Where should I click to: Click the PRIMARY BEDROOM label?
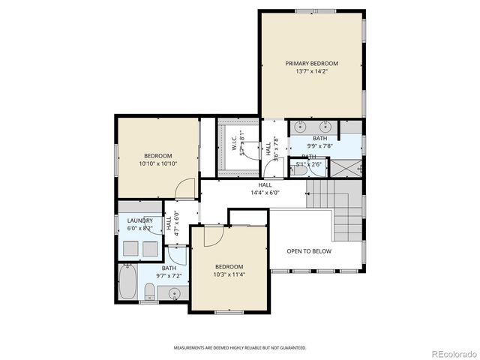click(311, 63)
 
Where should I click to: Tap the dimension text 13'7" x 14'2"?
click(311, 71)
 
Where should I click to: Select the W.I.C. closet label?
click(233, 142)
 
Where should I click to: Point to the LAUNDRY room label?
click(139, 220)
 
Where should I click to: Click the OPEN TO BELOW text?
click(308, 251)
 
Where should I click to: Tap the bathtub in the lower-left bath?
click(127, 283)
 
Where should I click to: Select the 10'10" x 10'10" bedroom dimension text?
click(157, 163)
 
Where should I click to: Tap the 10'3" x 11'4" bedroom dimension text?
click(229, 274)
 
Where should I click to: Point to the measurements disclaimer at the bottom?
click(240, 348)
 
